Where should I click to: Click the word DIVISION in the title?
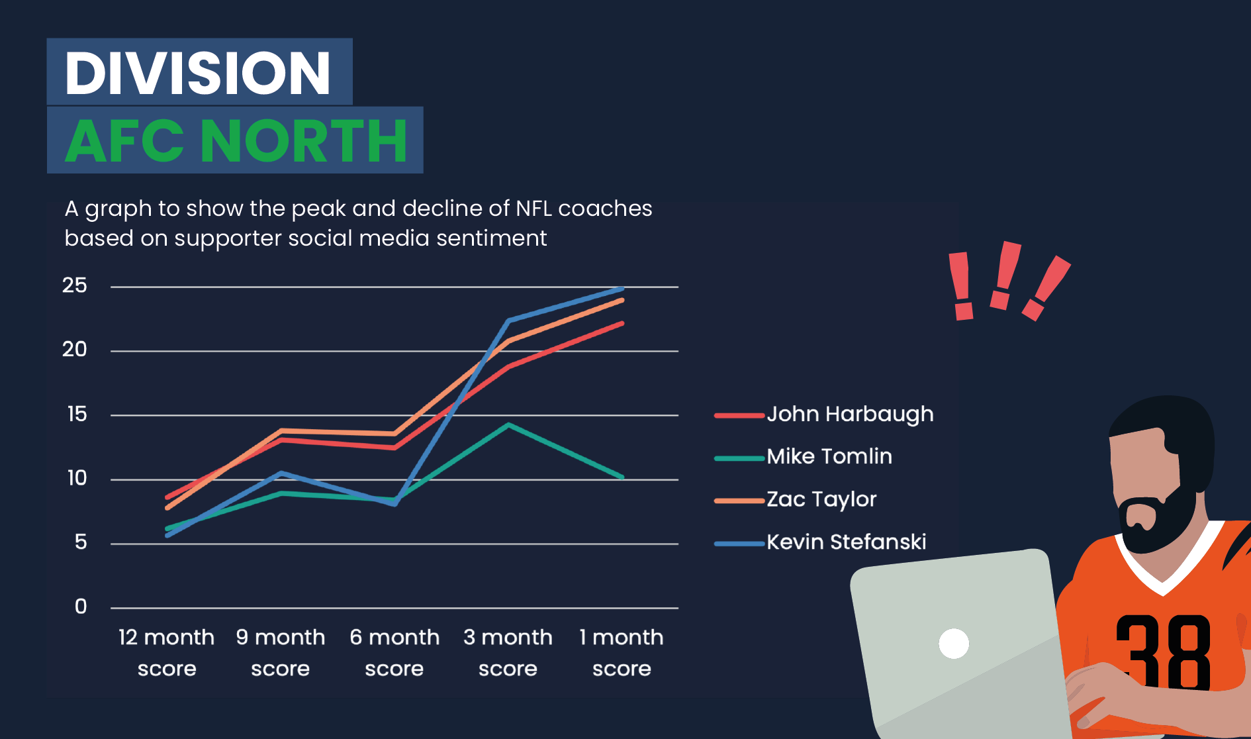[x=197, y=72]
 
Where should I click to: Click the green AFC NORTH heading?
[x=236, y=140]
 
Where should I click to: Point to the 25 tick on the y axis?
[x=75, y=285]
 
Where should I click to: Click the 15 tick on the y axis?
[x=77, y=415]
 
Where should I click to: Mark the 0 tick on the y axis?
[x=81, y=607]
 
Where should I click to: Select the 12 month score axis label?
[x=167, y=652]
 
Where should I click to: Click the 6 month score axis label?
[x=394, y=652]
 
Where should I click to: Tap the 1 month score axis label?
[x=622, y=652]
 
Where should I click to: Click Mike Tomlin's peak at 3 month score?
[x=508, y=424]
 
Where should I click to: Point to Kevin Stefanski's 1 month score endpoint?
[x=622, y=289]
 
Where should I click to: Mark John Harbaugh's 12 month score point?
[x=167, y=497]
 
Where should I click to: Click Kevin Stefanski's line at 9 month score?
[x=281, y=473]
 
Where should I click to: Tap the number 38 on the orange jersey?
[x=1163, y=652]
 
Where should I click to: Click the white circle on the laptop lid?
[x=954, y=643]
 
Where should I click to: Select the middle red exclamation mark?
[x=1004, y=275]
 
